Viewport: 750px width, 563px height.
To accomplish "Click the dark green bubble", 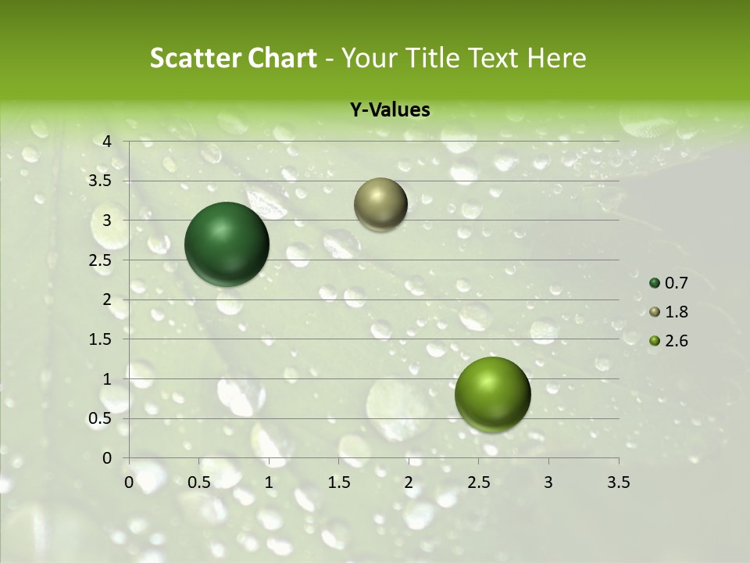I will click(227, 244).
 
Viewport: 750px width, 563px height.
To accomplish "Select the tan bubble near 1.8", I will click(380, 204).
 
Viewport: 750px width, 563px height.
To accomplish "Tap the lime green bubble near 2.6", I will click(492, 394).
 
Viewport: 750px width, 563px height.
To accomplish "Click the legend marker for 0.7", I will click(655, 283).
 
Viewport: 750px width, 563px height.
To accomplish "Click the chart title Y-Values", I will click(389, 110).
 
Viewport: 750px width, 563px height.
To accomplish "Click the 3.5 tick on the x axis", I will click(619, 482).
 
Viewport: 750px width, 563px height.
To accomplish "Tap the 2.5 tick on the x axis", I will click(478, 482).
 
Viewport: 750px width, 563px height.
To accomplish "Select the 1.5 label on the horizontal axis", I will click(338, 482).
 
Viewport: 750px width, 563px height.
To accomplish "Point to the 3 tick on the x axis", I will click(548, 482).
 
